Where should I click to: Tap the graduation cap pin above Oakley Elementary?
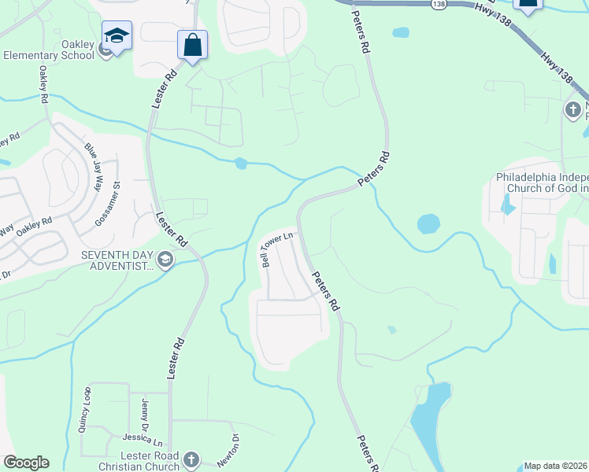[117, 36]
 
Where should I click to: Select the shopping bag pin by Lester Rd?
[192, 46]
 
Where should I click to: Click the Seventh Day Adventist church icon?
[165, 260]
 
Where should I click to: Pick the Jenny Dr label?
[146, 413]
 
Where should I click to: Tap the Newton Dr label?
[233, 445]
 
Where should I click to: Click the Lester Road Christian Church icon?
[189, 459]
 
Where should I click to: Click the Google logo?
[26, 463]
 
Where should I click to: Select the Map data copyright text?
[556, 466]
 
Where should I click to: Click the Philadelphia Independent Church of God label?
[542, 183]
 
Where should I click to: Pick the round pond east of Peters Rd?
[428, 223]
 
